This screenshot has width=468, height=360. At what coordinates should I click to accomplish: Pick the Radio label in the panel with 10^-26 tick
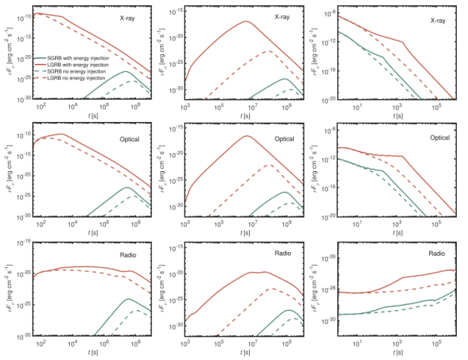[x=437, y=253]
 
